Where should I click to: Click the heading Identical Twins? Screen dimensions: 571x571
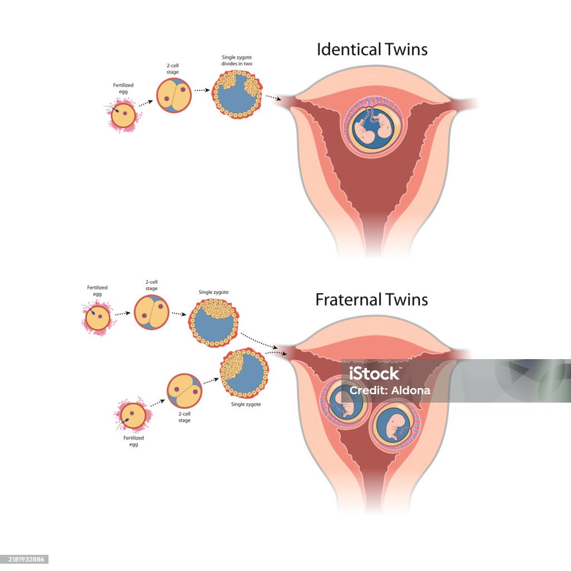pos(372,49)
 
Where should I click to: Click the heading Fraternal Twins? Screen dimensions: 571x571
pos(371,299)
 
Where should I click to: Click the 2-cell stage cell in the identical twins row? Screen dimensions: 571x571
pos(173,95)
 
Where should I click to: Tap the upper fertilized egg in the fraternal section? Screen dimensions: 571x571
pos(97,318)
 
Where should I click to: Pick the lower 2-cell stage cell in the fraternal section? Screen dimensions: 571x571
pos(185,391)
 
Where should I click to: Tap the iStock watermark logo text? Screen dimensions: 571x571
pos(374,372)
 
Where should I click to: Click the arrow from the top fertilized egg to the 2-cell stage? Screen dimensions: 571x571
pos(146,104)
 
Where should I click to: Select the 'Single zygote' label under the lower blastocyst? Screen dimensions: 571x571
pos(246,404)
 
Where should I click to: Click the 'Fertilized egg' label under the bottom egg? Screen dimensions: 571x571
pos(133,441)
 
